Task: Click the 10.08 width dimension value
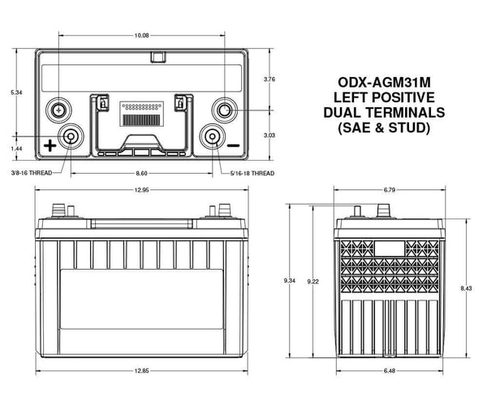tap(142, 35)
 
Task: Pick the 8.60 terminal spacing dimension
tap(141, 173)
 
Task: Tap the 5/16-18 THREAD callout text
tap(252, 173)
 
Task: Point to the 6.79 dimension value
tap(388, 190)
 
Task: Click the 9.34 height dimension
tap(289, 280)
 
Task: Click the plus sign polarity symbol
tap(50, 145)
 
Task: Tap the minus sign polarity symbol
tap(234, 145)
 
